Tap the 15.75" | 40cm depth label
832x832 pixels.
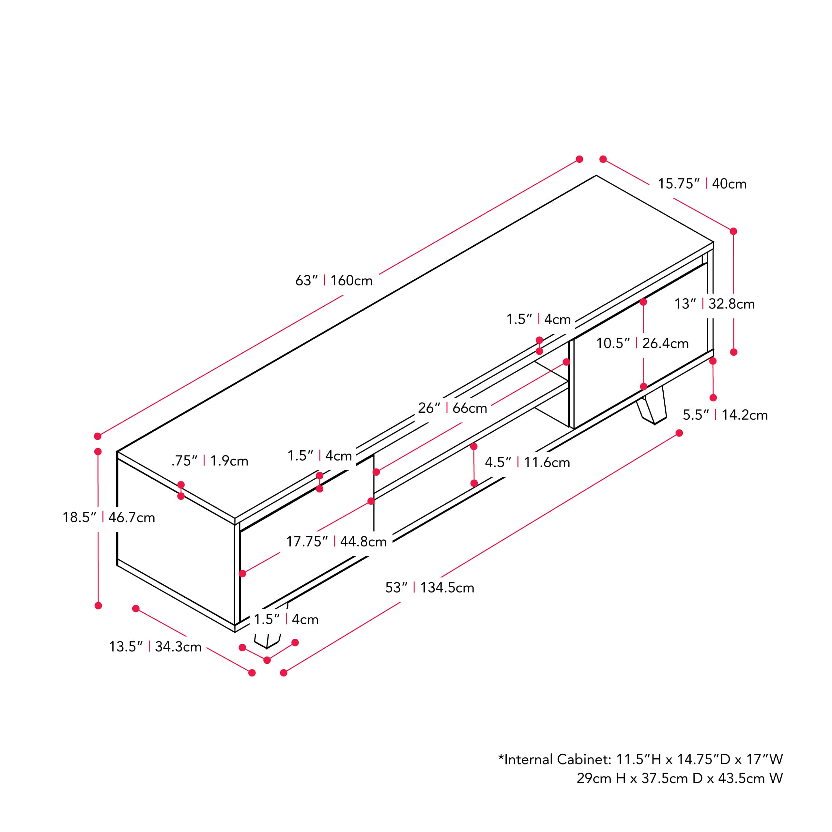coord(702,184)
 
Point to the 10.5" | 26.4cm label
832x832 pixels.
coord(642,343)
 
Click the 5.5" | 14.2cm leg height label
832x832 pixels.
coord(725,415)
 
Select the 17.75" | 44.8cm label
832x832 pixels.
coord(336,541)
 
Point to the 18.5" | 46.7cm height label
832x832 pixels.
coord(109,517)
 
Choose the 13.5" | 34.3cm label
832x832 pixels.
coord(155,646)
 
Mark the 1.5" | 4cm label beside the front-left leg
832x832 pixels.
coord(286,619)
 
